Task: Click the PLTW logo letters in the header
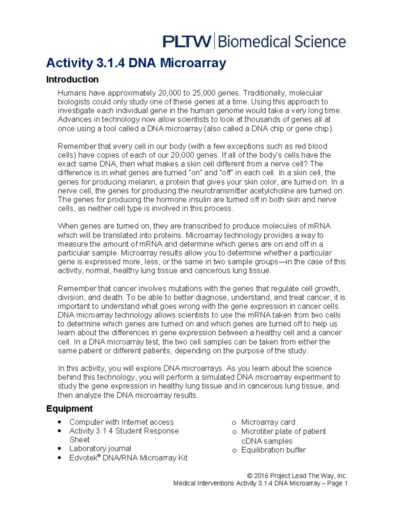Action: click(187, 42)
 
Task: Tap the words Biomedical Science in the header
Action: click(281, 42)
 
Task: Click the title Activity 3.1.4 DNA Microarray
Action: click(136, 62)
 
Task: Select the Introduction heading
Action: click(72, 79)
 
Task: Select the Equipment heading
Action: click(69, 409)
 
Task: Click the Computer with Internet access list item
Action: click(121, 422)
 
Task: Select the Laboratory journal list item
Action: click(100, 449)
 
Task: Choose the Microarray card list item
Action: click(268, 422)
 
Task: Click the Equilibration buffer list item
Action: click(273, 450)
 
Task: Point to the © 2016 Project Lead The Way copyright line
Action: click(297, 476)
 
